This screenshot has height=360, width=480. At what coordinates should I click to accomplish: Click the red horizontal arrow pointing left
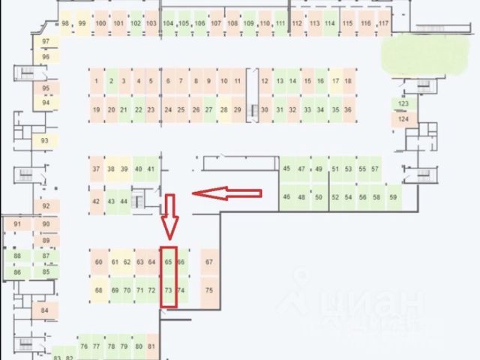(226, 193)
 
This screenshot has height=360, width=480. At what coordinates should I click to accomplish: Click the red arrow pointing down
(170, 214)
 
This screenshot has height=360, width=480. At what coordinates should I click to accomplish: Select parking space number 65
(169, 262)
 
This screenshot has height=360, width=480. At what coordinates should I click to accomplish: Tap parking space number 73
(169, 289)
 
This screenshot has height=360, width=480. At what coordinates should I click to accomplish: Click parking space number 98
(66, 23)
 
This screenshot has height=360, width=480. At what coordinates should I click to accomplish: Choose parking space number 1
(97, 81)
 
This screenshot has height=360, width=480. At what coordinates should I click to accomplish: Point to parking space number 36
(347, 109)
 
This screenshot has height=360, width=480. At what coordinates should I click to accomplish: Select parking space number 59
(393, 196)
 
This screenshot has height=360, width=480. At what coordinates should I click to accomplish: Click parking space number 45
(286, 169)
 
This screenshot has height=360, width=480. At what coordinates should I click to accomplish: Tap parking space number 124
(403, 118)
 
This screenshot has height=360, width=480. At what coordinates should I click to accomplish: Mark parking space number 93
(45, 140)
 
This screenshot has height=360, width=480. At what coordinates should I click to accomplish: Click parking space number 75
(209, 289)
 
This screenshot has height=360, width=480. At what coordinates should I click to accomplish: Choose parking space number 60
(99, 262)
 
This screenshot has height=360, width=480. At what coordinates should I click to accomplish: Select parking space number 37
(96, 169)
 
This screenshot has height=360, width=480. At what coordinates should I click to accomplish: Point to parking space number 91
(18, 223)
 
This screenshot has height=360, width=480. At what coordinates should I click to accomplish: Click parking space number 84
(45, 310)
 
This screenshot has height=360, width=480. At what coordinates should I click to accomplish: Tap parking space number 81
(151, 346)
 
